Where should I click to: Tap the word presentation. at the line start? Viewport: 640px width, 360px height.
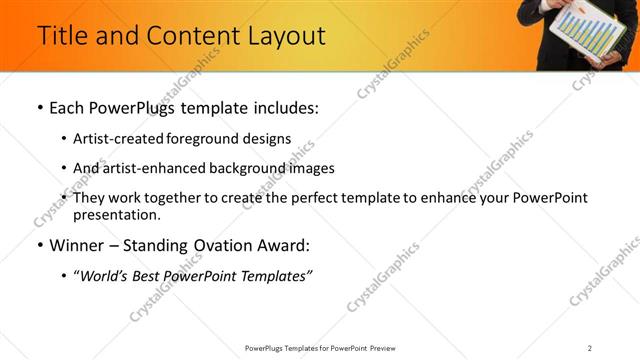click(116, 214)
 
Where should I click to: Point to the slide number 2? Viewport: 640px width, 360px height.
click(590, 347)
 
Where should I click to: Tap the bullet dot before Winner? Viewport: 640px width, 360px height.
click(38, 245)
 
